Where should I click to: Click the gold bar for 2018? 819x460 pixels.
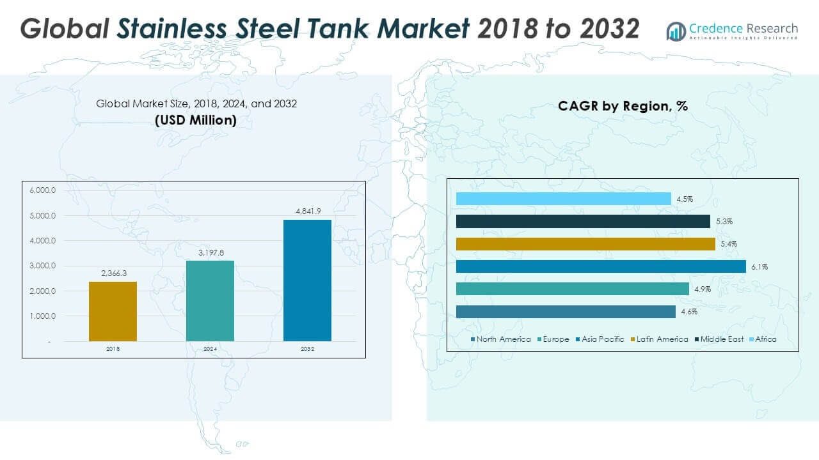point(113,311)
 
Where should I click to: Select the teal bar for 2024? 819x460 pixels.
point(210,300)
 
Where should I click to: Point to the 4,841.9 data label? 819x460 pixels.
point(307,211)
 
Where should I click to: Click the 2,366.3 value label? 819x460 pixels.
point(113,273)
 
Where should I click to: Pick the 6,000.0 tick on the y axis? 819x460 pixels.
point(43,190)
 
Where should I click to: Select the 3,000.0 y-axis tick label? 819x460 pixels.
point(43,266)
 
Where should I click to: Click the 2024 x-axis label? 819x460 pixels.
point(210,349)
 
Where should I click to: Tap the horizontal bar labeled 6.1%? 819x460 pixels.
point(601,266)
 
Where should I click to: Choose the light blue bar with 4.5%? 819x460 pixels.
point(564,199)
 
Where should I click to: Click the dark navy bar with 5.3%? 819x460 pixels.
point(583,221)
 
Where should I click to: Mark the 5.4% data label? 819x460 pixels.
point(729,244)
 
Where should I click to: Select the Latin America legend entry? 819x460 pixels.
point(662,339)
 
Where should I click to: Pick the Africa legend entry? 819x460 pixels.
point(766,339)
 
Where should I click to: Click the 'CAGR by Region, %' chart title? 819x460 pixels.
point(623,106)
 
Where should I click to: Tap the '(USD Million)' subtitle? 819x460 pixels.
point(196,120)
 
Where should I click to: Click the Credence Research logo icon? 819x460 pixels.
point(676,31)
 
